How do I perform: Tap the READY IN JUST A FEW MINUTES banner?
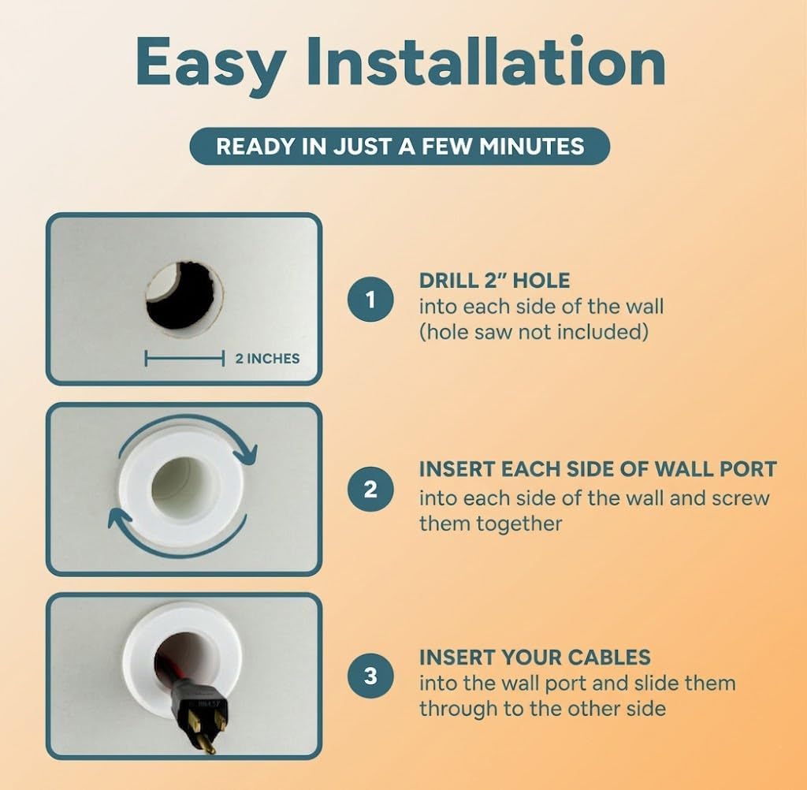click(400, 147)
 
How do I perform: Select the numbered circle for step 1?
click(370, 300)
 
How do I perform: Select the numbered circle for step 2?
click(370, 489)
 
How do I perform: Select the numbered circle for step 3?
click(370, 676)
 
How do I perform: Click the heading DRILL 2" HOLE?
click(495, 281)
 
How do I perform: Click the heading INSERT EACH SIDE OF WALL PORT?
click(597, 469)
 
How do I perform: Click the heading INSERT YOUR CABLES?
click(535, 657)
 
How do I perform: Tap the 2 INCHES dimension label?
click(267, 359)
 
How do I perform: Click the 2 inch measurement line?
click(184, 358)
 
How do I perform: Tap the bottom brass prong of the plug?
click(206, 745)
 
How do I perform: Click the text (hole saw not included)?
click(534, 332)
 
